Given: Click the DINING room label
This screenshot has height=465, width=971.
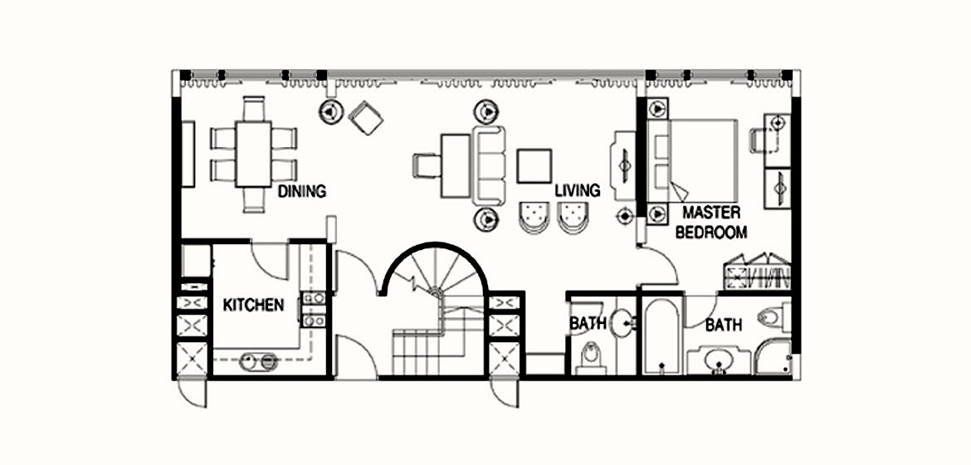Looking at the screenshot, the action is pos(301,191).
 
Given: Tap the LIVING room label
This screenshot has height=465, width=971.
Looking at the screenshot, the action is pos(577,189).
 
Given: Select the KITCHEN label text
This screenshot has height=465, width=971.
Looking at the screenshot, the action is pos(253,305).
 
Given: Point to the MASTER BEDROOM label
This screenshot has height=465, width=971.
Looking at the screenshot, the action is pos(711,222).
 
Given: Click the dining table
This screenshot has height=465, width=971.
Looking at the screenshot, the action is pos(253,154).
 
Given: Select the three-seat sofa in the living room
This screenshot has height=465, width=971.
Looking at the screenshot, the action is pos(489,165).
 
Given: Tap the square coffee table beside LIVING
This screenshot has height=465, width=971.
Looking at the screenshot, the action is pos(534,165).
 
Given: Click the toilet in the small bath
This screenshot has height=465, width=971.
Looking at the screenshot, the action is pos(591,359).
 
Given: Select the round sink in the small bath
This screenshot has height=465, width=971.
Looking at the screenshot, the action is pos(622,323).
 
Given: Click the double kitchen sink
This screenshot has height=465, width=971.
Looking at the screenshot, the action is pos(259,361).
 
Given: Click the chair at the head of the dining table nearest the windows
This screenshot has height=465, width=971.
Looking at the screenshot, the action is pos(253,109).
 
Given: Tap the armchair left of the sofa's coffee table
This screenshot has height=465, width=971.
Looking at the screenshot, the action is pos(426,165).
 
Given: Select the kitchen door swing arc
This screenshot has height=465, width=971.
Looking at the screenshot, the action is pos(270,262).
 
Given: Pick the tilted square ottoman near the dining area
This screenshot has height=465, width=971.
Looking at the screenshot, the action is pos(365,118).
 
